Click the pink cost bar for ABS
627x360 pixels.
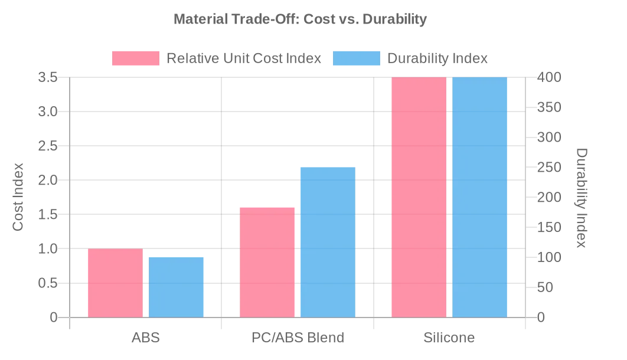click(115, 283)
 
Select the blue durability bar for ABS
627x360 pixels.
click(176, 287)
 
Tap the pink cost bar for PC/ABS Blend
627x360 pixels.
click(267, 263)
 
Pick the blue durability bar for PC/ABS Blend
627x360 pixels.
click(328, 243)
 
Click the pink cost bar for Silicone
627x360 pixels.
click(419, 198)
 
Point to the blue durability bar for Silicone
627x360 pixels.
click(479, 198)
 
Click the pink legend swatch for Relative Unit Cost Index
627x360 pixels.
click(136, 58)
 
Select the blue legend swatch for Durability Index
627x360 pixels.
click(357, 58)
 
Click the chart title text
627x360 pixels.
click(300, 19)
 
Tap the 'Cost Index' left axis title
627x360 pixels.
click(18, 197)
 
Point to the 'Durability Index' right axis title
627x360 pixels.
click(582, 198)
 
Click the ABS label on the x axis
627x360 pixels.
click(146, 338)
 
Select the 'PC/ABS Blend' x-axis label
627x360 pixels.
click(298, 338)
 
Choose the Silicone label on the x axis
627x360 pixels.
click(449, 338)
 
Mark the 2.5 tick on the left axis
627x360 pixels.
click(48, 146)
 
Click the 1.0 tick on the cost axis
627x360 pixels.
click(48, 249)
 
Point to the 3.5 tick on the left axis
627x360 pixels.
click(48, 77)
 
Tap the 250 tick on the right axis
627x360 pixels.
click(549, 168)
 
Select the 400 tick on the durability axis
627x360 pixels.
click(549, 77)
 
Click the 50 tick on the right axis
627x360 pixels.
click(546, 287)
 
